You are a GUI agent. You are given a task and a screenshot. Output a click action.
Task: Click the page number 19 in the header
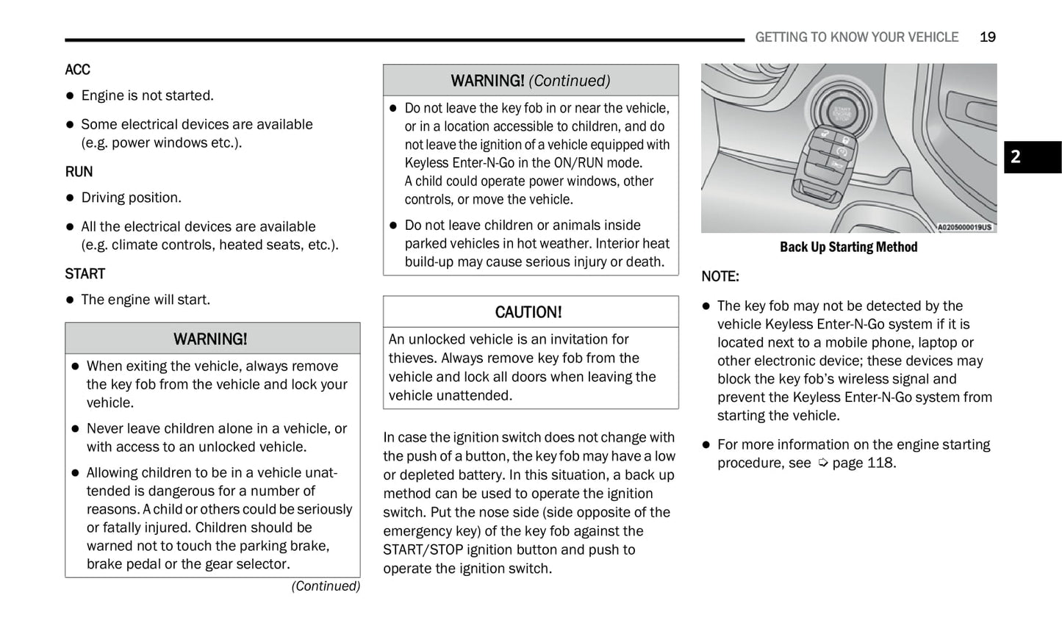pyautogui.click(x=987, y=37)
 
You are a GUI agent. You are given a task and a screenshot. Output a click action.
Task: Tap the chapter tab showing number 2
pyautogui.click(x=1032, y=157)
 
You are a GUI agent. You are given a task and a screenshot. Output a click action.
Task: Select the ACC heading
pyautogui.click(x=77, y=70)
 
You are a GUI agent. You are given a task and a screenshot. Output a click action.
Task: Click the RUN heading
pyautogui.click(x=79, y=172)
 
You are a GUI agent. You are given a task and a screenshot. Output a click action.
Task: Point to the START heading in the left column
pyautogui.click(x=85, y=274)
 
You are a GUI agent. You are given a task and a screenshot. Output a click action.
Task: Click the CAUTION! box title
pyautogui.click(x=528, y=312)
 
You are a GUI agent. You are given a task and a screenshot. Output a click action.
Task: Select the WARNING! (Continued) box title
pyautogui.click(x=530, y=81)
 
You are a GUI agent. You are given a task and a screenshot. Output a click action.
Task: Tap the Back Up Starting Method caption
pyautogui.click(x=848, y=248)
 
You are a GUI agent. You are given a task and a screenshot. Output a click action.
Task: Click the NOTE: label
pyautogui.click(x=720, y=277)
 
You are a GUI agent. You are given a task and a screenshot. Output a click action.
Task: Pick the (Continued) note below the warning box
pyautogui.click(x=326, y=586)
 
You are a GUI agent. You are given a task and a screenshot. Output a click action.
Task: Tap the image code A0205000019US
pyautogui.click(x=964, y=228)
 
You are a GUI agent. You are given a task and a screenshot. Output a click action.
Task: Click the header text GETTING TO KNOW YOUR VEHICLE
pyautogui.click(x=856, y=37)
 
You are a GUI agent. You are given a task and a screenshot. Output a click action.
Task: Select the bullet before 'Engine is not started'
pyautogui.click(x=71, y=96)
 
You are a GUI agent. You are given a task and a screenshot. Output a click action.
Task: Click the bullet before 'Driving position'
pyautogui.click(x=71, y=198)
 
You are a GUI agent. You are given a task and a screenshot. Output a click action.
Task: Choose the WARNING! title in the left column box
pyautogui.click(x=210, y=339)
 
